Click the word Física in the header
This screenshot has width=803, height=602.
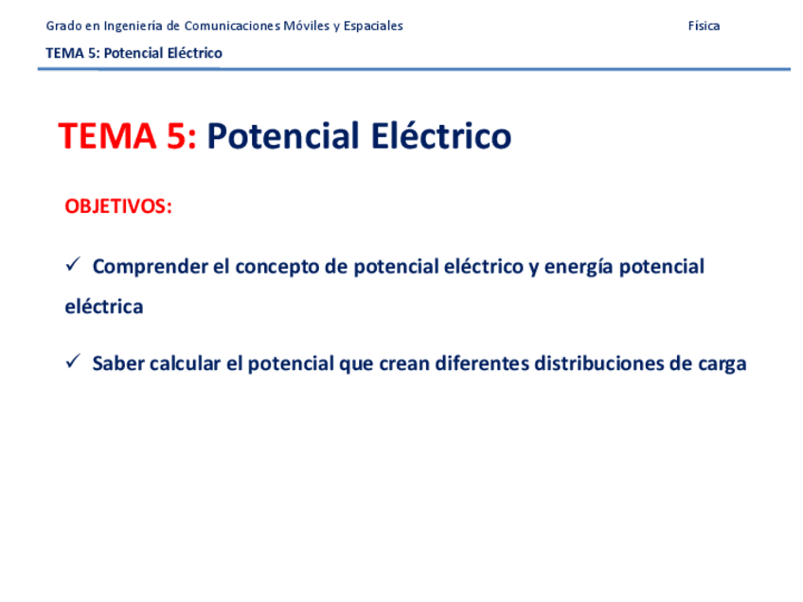pyautogui.click(x=704, y=27)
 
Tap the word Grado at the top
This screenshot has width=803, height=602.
pyautogui.click(x=62, y=27)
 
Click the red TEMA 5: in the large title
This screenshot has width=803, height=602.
pyautogui.click(x=127, y=137)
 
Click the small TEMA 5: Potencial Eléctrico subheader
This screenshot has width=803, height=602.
pyautogui.click(x=134, y=53)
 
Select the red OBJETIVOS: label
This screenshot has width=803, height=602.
pyautogui.click(x=118, y=206)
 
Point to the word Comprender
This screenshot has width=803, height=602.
pyautogui.click(x=151, y=267)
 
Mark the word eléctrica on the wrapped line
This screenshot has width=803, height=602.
pyautogui.click(x=104, y=308)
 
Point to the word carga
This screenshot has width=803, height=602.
pyautogui.click(x=721, y=364)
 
